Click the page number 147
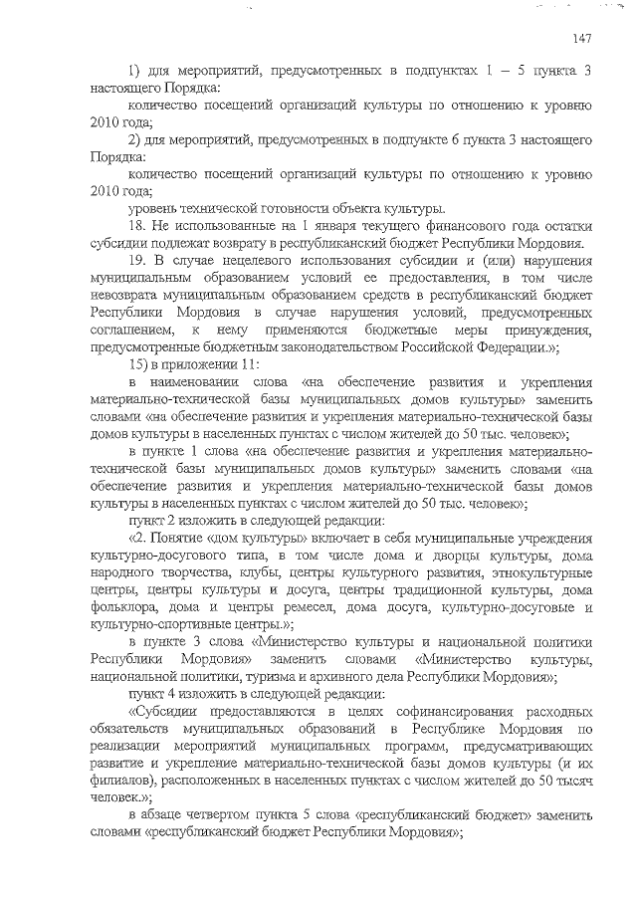point(583,39)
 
